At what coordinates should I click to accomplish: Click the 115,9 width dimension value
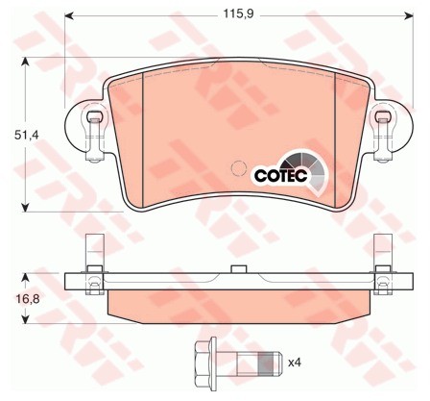pos(238,13)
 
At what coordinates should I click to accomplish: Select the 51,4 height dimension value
pos(26,136)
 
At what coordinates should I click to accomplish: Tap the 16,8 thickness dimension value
pos(27,299)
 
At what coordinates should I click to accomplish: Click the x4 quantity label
pos(295,363)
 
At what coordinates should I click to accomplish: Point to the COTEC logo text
pos(280,176)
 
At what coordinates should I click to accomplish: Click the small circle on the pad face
pos(238,168)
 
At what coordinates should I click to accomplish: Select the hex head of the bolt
pos(205,363)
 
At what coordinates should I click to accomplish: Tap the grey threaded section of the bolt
pos(267,363)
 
